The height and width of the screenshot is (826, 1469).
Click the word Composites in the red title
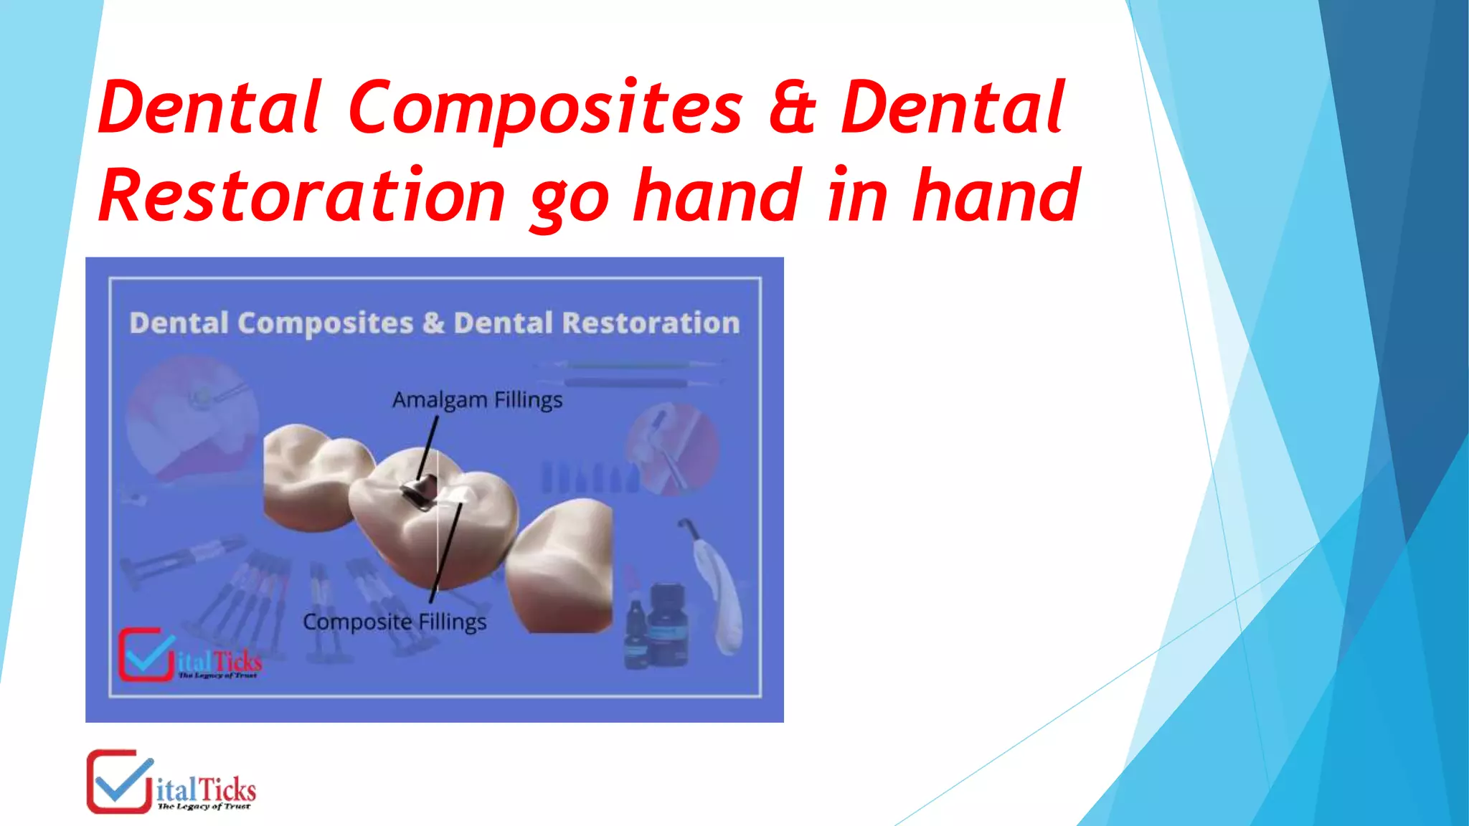click(545, 108)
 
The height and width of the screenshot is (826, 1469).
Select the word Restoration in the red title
click(301, 196)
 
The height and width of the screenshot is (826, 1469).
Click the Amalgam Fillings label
click(477, 399)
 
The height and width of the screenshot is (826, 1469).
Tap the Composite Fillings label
click(395, 621)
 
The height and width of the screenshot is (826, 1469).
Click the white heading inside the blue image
click(434, 323)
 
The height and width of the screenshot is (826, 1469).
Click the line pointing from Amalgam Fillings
click(428, 448)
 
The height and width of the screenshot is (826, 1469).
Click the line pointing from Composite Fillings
click(446, 552)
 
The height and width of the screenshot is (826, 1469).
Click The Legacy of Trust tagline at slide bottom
click(204, 807)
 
